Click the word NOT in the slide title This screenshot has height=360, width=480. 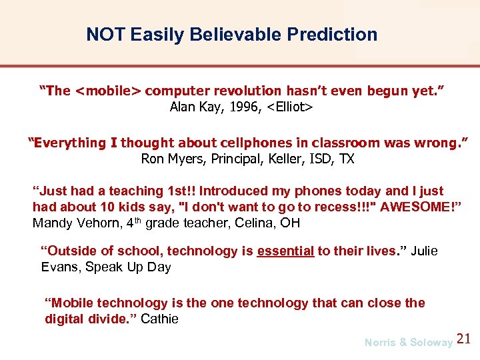pos(105,35)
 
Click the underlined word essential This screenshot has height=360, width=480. pos(285,251)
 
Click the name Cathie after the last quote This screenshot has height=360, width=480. pos(159,319)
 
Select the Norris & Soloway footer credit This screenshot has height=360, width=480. pos(408,342)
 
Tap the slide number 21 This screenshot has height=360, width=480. pos(465,339)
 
